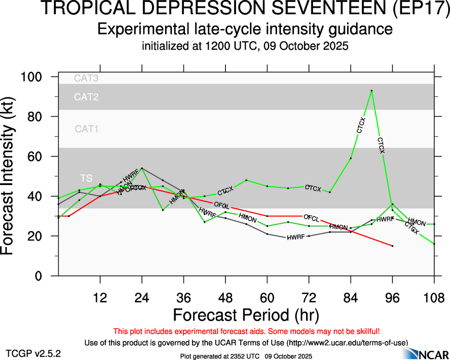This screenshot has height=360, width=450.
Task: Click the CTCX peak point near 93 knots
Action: (372, 90)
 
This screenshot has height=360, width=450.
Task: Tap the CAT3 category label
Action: (86, 78)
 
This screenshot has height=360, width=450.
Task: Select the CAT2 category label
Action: (86, 97)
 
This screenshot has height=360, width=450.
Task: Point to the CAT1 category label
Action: (87, 129)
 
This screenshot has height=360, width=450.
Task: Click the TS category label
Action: (86, 178)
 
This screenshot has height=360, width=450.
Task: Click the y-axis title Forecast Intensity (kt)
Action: (11, 176)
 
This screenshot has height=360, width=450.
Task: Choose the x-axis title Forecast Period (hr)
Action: (246, 315)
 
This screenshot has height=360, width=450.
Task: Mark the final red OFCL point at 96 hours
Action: (392, 246)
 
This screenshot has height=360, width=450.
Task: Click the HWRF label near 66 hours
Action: (295, 238)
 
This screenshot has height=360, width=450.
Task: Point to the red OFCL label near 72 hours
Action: (311, 217)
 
